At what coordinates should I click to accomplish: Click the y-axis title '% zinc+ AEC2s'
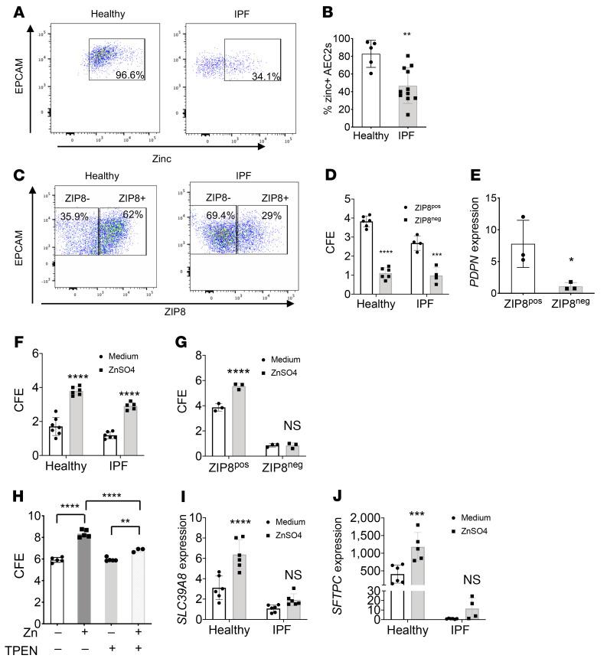tap(327, 80)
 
